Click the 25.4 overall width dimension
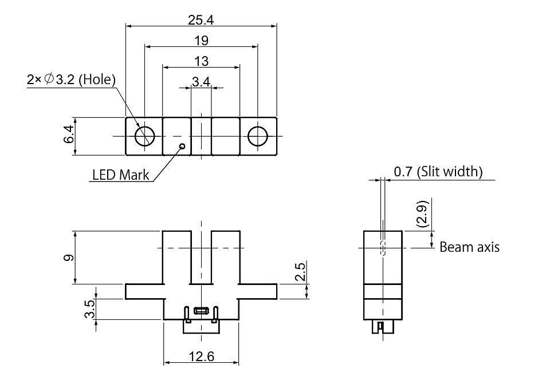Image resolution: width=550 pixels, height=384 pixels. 201,20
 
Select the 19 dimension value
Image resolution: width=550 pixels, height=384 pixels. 201,41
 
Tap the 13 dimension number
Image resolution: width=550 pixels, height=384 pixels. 201,61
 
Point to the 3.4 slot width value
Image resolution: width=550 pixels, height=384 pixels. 201,82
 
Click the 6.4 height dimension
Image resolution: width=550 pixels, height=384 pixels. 69,134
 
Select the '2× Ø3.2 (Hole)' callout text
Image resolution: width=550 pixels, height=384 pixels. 71,80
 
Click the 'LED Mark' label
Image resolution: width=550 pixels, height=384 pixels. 121,175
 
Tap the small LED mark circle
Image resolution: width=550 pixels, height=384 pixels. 182,146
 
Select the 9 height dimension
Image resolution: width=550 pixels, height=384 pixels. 69,258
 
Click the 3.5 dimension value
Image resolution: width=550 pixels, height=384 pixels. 89,308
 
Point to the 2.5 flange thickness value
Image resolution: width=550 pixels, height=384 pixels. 300,272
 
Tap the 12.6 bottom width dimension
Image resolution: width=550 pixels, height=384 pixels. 201,357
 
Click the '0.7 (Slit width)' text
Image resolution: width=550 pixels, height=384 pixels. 438,172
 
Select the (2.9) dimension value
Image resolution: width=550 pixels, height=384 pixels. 423,213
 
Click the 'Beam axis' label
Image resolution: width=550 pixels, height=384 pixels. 469,247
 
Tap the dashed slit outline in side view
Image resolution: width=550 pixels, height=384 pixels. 383,248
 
